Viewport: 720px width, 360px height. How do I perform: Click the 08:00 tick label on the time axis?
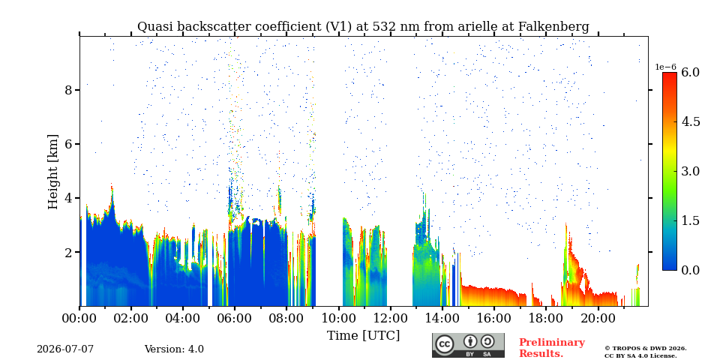coord(286,318)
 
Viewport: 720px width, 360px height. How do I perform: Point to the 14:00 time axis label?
coord(442,318)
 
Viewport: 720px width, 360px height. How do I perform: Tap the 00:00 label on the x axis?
coord(79,318)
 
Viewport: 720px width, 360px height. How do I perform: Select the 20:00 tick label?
coord(598,318)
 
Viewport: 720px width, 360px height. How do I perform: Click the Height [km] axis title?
coord(53,172)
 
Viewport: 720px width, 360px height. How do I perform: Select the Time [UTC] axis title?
coord(363,335)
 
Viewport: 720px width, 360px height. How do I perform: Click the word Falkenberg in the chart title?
coord(553,27)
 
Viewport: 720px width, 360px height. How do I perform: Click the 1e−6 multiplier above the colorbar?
coord(665,67)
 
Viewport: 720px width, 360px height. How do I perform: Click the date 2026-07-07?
coord(65,349)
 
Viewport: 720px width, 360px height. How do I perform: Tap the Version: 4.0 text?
coord(174,349)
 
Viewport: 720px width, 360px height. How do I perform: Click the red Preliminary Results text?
coord(552,348)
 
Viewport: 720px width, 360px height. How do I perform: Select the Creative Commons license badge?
coord(468,345)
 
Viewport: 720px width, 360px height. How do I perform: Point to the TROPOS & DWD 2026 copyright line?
coord(646,349)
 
